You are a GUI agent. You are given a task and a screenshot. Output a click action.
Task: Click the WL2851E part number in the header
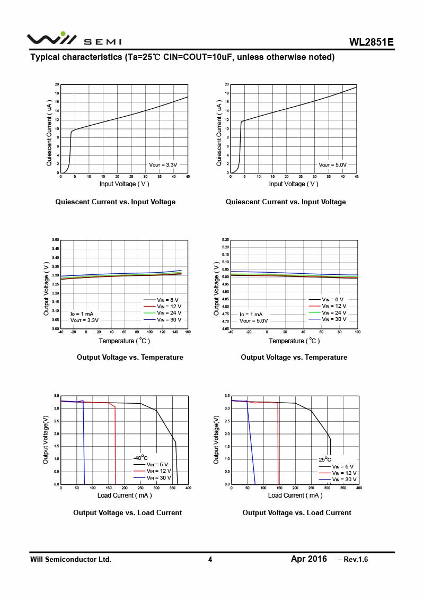[371, 42]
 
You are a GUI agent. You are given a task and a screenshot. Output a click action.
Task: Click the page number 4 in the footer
[210, 559]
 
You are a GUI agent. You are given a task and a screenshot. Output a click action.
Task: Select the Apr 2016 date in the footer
[309, 559]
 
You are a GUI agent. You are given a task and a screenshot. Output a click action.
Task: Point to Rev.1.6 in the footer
[352, 560]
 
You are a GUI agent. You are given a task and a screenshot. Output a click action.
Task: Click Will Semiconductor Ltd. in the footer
[70, 559]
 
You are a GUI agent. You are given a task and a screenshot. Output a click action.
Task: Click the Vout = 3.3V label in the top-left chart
[163, 165]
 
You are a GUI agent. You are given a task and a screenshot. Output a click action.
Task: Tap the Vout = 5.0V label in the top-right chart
[332, 165]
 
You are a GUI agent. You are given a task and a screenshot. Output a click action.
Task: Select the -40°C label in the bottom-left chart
[140, 458]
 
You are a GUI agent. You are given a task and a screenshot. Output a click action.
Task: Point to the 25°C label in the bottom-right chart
[325, 459]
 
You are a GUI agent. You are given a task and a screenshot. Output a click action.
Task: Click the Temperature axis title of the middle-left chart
[125, 341]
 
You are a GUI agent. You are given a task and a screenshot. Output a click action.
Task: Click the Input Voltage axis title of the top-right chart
[294, 184]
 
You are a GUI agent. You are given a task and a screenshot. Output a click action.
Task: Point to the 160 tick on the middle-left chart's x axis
[188, 332]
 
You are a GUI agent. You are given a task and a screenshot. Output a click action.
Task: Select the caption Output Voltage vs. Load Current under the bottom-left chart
[127, 512]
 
